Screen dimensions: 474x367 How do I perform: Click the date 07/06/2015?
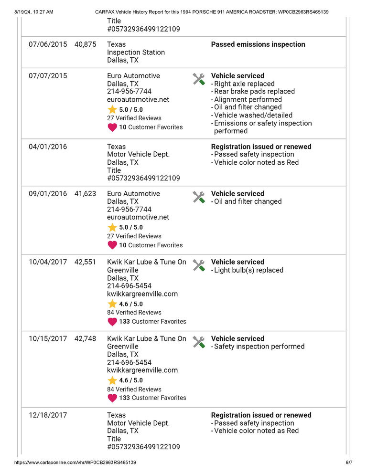click(x=48, y=44)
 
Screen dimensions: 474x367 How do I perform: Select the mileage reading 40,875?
click(x=86, y=44)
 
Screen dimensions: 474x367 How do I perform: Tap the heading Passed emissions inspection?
click(x=258, y=44)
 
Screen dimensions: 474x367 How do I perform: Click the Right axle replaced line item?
click(x=244, y=84)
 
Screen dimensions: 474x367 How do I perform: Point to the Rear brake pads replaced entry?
click(x=254, y=91)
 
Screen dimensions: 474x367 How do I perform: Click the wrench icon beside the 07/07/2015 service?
click(x=199, y=79)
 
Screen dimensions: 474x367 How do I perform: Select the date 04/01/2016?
click(x=48, y=147)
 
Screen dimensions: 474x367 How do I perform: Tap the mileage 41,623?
click(x=86, y=194)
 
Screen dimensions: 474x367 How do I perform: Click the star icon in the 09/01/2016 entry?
click(x=112, y=228)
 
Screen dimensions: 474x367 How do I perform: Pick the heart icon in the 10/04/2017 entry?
click(x=112, y=322)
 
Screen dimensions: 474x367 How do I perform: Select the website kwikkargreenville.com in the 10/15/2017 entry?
click(x=142, y=370)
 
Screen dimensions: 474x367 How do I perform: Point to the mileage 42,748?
click(x=86, y=338)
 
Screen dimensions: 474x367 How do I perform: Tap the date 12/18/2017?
click(x=48, y=415)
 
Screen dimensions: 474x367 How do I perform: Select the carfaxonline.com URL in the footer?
click(x=76, y=463)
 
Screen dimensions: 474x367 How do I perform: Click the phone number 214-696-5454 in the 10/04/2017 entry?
click(x=129, y=286)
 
